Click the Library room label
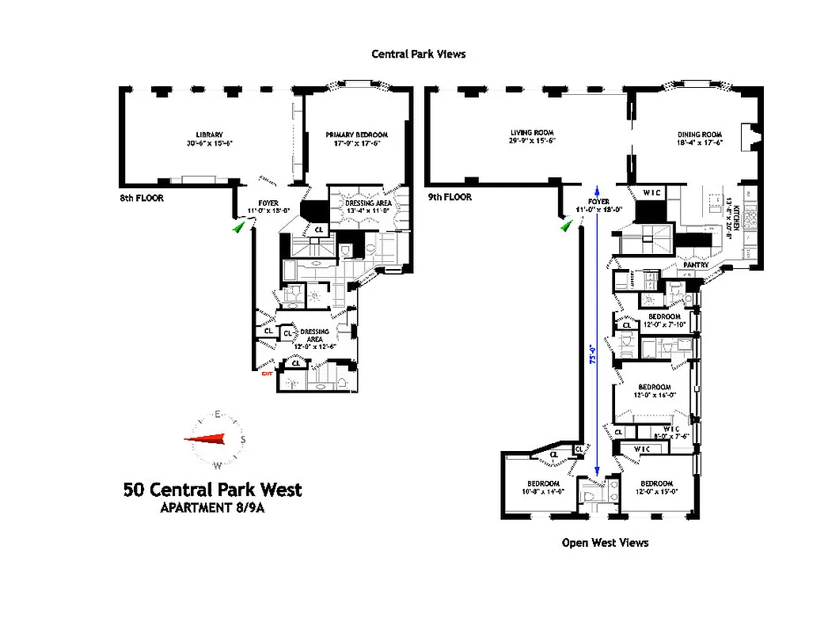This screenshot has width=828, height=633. pyautogui.click(x=210, y=135)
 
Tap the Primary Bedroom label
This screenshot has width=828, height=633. pyautogui.click(x=354, y=135)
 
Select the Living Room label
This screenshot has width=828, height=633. pyautogui.click(x=531, y=133)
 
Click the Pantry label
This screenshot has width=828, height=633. pyautogui.click(x=695, y=265)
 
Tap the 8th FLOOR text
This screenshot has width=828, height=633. pyautogui.click(x=136, y=198)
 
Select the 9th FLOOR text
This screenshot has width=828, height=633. pyautogui.click(x=449, y=197)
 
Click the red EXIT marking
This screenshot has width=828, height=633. pyautogui.click(x=267, y=373)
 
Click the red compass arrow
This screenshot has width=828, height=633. pyautogui.click(x=210, y=439)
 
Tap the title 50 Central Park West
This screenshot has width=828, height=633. pyautogui.click(x=212, y=490)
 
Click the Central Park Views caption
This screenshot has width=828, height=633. pyautogui.click(x=419, y=55)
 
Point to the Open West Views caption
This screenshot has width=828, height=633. pyautogui.click(x=605, y=543)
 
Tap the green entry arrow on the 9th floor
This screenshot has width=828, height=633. pyautogui.click(x=566, y=226)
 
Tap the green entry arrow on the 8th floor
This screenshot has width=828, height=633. pyautogui.click(x=238, y=226)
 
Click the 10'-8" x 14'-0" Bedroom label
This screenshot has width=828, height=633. pyautogui.click(x=543, y=487)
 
